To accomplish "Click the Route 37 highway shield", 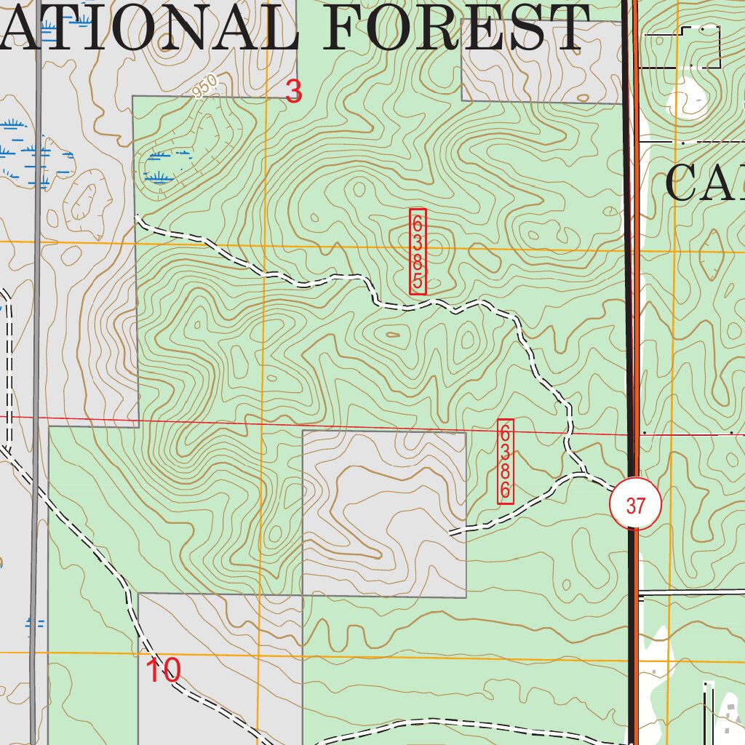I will coord(635,505).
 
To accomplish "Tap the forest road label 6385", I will coord(418,252).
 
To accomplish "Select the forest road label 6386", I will coord(506,461).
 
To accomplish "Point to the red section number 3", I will coord(293,92).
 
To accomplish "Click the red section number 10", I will coord(163,670).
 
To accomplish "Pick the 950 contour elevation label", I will coord(206,87).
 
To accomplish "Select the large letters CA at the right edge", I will coord(703,183).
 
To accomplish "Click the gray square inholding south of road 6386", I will coord(383,513).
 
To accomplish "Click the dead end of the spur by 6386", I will coord(450,534).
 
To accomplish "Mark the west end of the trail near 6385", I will coord(137,215).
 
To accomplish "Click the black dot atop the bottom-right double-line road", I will coord(706,684).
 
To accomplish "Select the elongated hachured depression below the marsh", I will coord(86,201).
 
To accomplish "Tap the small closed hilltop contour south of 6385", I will coord(393,335).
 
